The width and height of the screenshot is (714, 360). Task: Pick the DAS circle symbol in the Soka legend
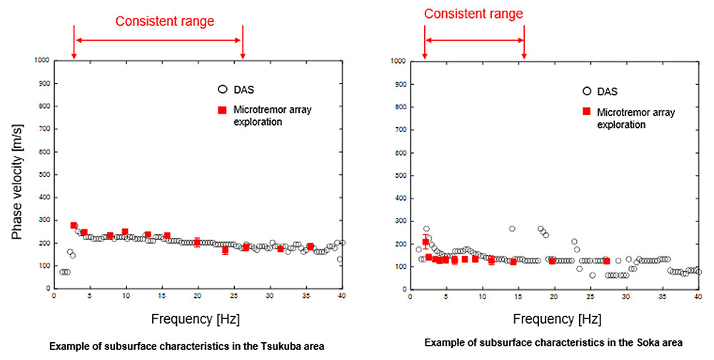(x=587, y=91)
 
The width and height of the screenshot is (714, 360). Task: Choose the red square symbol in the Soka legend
(x=587, y=111)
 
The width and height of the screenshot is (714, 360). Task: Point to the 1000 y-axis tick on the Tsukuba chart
(x=41, y=61)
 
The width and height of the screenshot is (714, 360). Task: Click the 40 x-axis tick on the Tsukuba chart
(x=342, y=296)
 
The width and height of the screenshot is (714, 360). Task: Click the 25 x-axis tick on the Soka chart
(x=590, y=296)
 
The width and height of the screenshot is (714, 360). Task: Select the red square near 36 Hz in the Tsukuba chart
(x=311, y=247)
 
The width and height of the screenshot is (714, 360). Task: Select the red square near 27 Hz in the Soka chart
(x=606, y=261)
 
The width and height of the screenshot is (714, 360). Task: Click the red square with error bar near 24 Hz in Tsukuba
(x=226, y=250)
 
